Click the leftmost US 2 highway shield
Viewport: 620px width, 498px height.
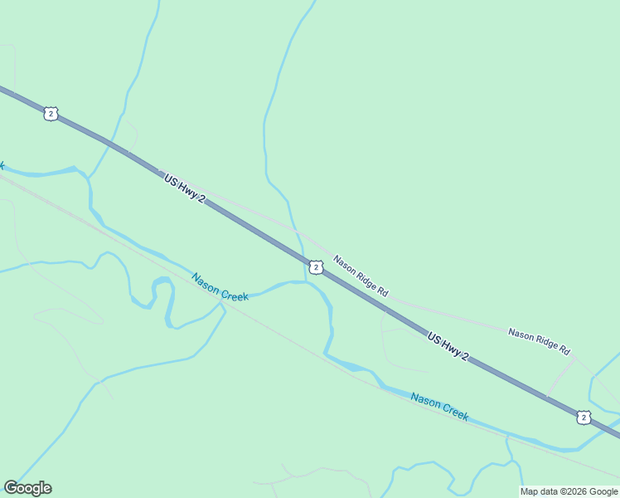(x=51, y=114)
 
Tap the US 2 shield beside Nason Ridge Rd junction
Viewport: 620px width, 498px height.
(x=316, y=266)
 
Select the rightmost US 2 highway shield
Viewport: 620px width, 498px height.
(x=584, y=417)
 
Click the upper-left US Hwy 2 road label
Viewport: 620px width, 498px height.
(x=184, y=190)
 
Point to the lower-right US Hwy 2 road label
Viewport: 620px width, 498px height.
(x=448, y=346)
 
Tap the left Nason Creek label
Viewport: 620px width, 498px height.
(x=220, y=287)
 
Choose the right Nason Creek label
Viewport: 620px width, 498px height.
(x=439, y=407)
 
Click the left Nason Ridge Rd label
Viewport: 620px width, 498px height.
(x=361, y=276)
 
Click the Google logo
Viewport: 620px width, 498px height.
(x=28, y=488)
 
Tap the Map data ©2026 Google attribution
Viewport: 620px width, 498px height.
(x=569, y=491)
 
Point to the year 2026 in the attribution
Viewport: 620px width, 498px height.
(x=574, y=491)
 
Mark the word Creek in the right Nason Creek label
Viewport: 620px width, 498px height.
(x=453, y=411)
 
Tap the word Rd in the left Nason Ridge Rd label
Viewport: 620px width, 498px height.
(x=381, y=291)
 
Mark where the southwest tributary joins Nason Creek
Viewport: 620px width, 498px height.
(x=222, y=306)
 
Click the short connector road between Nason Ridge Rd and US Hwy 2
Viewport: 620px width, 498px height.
(x=560, y=378)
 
